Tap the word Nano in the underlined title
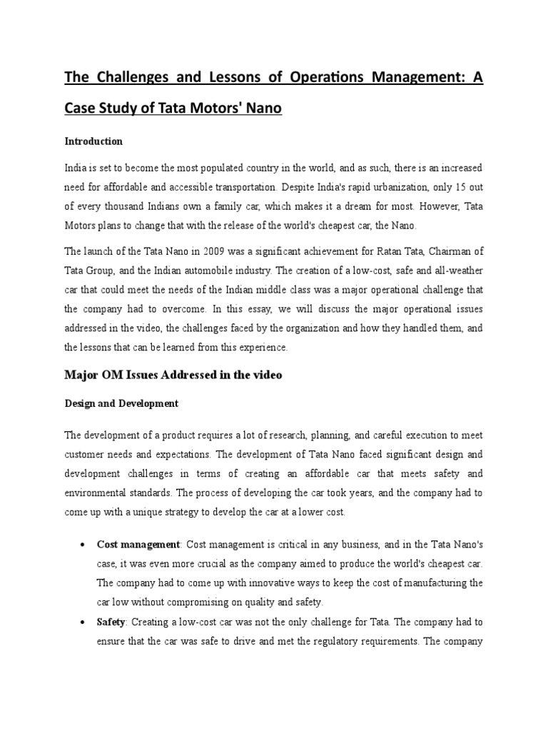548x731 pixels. click(x=260, y=109)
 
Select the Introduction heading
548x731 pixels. click(x=93, y=141)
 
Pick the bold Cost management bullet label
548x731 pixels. click(x=138, y=545)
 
